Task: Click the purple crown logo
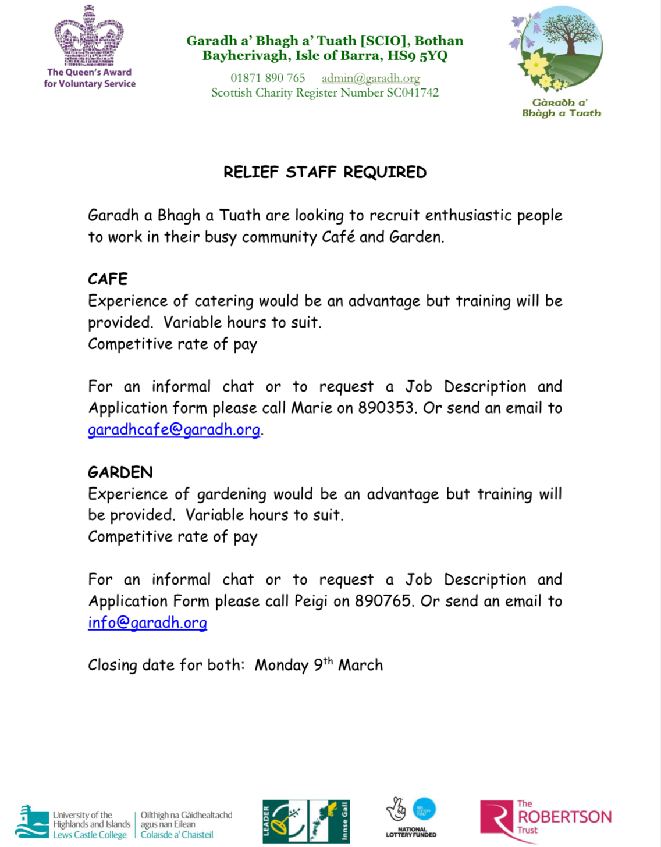point(89,36)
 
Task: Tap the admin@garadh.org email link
point(371,78)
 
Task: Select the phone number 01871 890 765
point(268,78)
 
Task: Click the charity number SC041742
point(413,92)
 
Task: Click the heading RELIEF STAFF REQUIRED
point(325,172)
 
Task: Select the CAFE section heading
point(108,279)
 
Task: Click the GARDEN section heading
point(120,472)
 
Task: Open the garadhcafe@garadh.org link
point(174,429)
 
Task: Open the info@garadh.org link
point(147,622)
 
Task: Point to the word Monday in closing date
point(282,665)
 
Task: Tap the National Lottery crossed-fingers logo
point(397,810)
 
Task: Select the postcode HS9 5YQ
point(417,56)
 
